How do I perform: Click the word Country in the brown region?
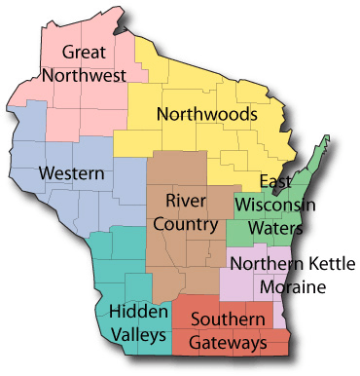(191, 224)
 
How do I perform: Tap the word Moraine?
(292, 287)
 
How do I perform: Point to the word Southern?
(230, 320)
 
